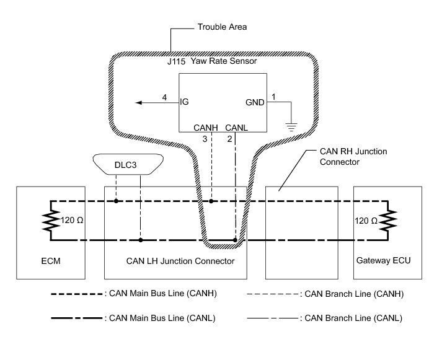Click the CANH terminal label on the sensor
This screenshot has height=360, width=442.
tap(205, 128)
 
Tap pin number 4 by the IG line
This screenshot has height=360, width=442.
tap(164, 97)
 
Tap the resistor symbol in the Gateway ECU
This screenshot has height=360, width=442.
tap(389, 220)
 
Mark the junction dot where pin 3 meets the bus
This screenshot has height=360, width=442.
tap(211, 201)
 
